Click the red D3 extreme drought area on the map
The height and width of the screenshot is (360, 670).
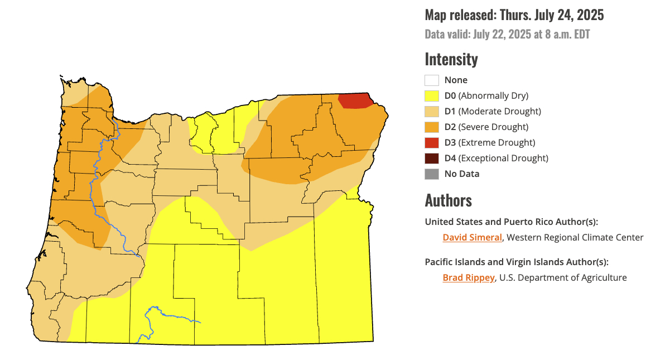click(x=355, y=100)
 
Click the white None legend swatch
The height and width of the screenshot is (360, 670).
click(x=432, y=80)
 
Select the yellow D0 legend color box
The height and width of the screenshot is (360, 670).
click(x=432, y=95)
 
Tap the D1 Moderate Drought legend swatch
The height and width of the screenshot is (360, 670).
click(x=432, y=111)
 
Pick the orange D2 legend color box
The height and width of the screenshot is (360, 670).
click(x=432, y=127)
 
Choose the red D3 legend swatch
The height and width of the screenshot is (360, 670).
click(x=432, y=142)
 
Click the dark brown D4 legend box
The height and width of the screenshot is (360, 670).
click(x=432, y=158)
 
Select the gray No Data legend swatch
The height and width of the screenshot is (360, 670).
click(x=432, y=174)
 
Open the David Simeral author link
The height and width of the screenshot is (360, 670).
click(x=472, y=237)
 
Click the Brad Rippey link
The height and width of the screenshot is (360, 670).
click(x=469, y=277)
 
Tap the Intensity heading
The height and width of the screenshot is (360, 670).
click(x=451, y=59)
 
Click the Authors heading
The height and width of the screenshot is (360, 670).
click(x=448, y=200)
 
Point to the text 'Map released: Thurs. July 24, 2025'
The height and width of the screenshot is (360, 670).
click(x=514, y=15)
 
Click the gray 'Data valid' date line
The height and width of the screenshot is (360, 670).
click(x=507, y=34)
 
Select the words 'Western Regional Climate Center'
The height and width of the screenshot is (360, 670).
click(x=575, y=237)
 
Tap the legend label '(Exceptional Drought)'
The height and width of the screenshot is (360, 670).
click(x=503, y=158)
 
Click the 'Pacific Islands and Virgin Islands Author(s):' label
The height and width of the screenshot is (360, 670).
click(x=517, y=262)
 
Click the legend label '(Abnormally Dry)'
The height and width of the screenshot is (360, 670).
click(x=493, y=95)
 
